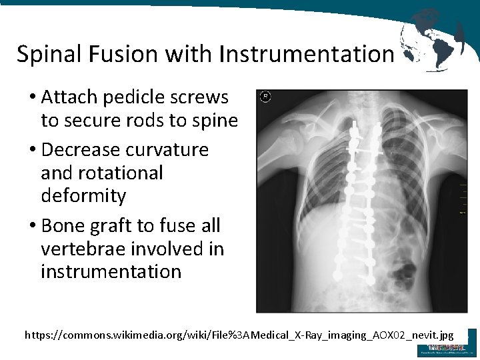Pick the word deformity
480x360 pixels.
(x=83, y=196)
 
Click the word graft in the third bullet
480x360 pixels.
(x=112, y=226)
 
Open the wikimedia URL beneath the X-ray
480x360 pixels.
(x=239, y=335)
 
